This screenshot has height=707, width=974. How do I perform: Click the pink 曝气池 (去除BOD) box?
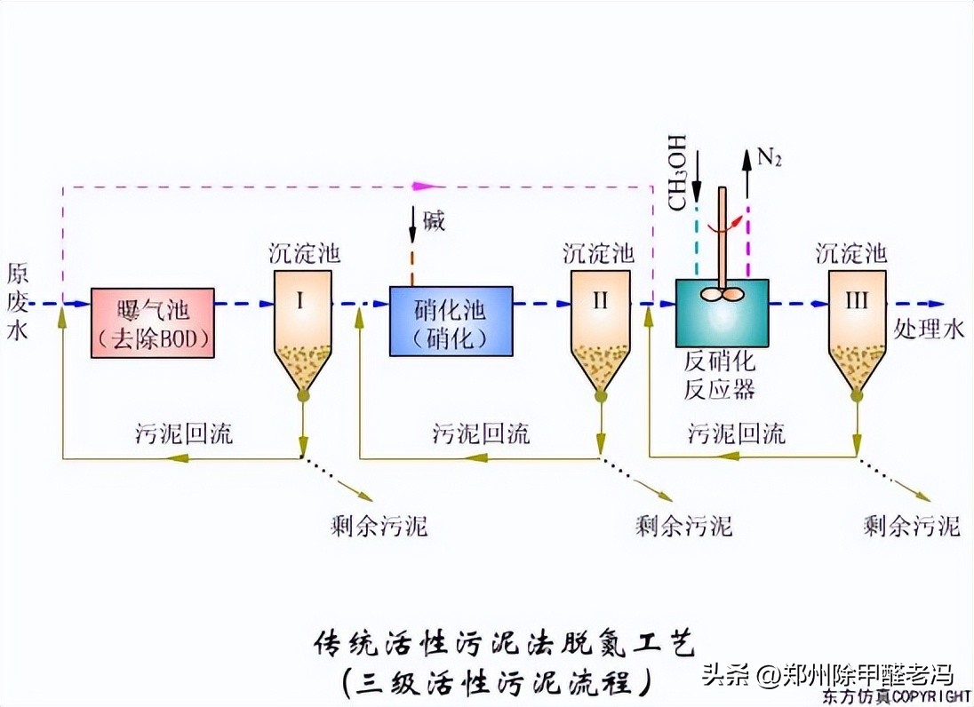(x=153, y=322)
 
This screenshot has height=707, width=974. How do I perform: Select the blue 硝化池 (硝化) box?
(x=451, y=321)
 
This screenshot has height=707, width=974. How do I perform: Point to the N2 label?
(x=769, y=159)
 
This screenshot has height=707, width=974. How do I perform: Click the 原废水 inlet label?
(x=18, y=302)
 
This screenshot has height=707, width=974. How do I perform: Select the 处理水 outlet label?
(x=929, y=330)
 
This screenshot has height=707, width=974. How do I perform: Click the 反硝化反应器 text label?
(x=719, y=376)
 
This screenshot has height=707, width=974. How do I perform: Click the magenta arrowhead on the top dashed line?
(x=427, y=187)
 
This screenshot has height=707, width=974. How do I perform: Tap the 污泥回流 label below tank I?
(x=184, y=433)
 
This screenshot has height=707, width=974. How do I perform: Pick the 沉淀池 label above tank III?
(x=851, y=254)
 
